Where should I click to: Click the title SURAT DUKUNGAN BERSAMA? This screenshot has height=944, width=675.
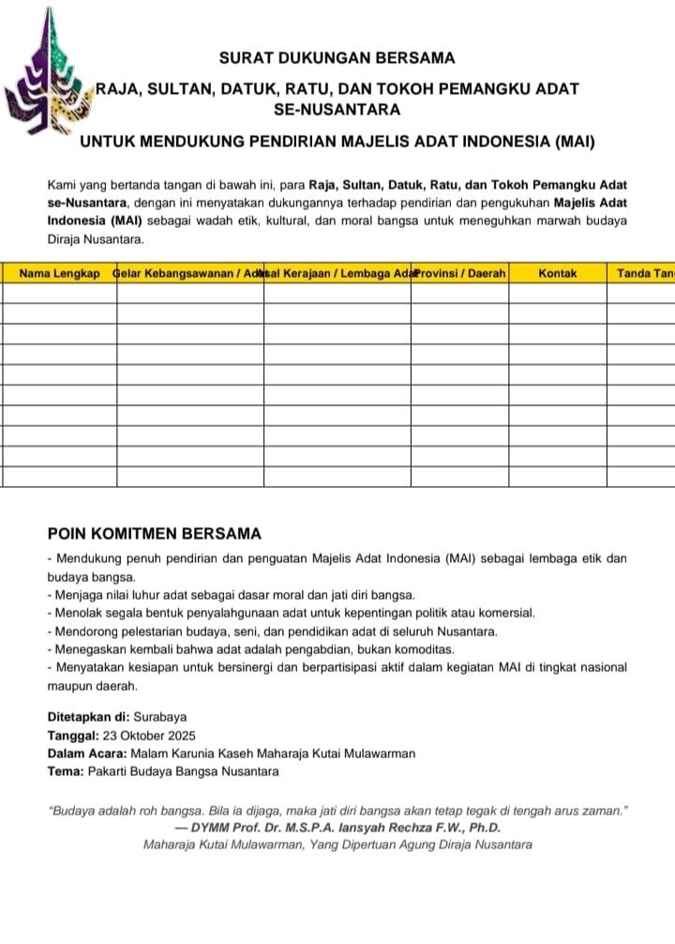(337, 58)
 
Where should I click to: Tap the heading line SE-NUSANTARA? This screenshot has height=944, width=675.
(337, 110)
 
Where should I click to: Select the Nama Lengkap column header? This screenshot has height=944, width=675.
(60, 273)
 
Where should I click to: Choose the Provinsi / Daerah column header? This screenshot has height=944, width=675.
(460, 273)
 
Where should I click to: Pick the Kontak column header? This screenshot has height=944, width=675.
(558, 273)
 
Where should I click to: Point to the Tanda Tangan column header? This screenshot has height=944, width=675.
(646, 273)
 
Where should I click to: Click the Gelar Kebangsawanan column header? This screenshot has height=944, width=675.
(187, 273)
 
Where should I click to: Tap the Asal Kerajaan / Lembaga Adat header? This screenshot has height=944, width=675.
(337, 273)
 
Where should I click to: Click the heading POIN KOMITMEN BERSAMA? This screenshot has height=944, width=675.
(154, 534)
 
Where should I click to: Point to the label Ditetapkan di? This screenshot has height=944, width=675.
(88, 716)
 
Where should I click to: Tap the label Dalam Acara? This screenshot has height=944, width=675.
(87, 754)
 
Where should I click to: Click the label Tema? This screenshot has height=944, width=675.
(65, 771)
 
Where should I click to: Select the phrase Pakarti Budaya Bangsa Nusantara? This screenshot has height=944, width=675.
(183, 771)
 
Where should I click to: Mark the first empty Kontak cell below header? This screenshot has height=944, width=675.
(558, 293)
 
